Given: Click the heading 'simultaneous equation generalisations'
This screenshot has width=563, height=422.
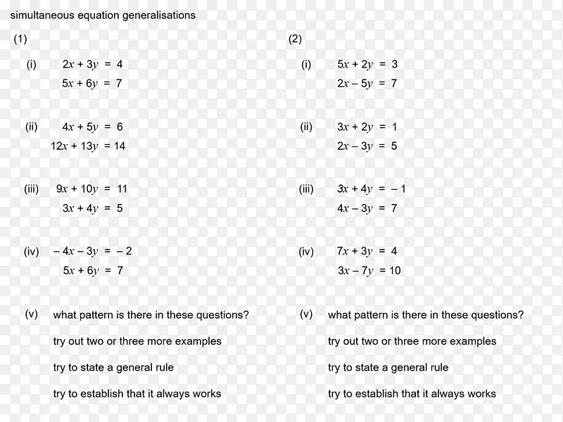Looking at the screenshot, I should click(x=103, y=15).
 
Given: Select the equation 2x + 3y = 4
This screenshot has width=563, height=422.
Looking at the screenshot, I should click(x=92, y=64).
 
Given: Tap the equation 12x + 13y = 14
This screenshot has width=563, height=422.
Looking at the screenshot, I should click(x=88, y=146).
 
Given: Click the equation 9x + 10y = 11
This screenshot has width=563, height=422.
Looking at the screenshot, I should click(x=91, y=188).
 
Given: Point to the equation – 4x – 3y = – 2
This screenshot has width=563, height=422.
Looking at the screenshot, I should click(x=92, y=251).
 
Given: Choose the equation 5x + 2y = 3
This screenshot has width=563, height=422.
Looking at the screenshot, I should click(x=367, y=64).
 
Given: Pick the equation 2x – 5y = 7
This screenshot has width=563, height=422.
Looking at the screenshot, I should click(x=367, y=84).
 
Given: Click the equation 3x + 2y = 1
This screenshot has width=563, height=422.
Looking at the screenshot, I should click(x=367, y=127).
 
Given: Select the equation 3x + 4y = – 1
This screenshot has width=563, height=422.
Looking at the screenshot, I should click(x=371, y=188).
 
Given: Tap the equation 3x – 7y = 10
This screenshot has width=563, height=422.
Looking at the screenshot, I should click(x=369, y=271).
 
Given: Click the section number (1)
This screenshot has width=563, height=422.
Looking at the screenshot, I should click(x=20, y=39).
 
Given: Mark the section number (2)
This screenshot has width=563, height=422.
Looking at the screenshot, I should click(x=295, y=39).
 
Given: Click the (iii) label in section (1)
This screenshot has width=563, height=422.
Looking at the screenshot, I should click(x=31, y=188).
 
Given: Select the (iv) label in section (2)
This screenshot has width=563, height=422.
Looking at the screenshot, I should click(x=306, y=251).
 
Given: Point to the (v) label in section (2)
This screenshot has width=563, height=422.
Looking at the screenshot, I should click(x=306, y=314).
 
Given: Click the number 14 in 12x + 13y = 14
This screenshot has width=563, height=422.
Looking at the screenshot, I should click(x=119, y=146).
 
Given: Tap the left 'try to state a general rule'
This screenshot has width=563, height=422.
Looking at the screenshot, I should click(x=113, y=367).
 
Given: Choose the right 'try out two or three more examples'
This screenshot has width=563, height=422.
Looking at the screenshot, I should click(x=412, y=341).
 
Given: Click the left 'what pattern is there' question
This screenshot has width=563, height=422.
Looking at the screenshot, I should click(x=151, y=315).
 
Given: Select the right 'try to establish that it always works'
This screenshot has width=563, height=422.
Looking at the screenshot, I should click(x=412, y=393).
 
